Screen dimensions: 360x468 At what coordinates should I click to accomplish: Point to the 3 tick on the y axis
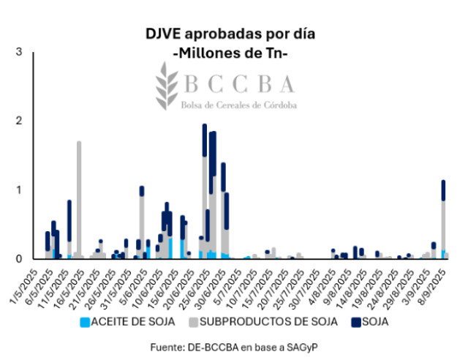(x=19, y=51)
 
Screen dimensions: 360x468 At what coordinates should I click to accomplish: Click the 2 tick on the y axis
(x=19, y=120)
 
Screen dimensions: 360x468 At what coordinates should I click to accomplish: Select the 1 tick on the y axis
(x=19, y=190)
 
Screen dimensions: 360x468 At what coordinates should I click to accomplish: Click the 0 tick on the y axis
(x=19, y=258)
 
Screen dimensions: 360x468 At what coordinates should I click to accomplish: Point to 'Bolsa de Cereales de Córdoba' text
(x=240, y=105)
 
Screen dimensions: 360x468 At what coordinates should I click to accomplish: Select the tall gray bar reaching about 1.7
(x=79, y=198)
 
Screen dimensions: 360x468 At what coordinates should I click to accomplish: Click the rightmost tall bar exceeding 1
(x=443, y=220)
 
